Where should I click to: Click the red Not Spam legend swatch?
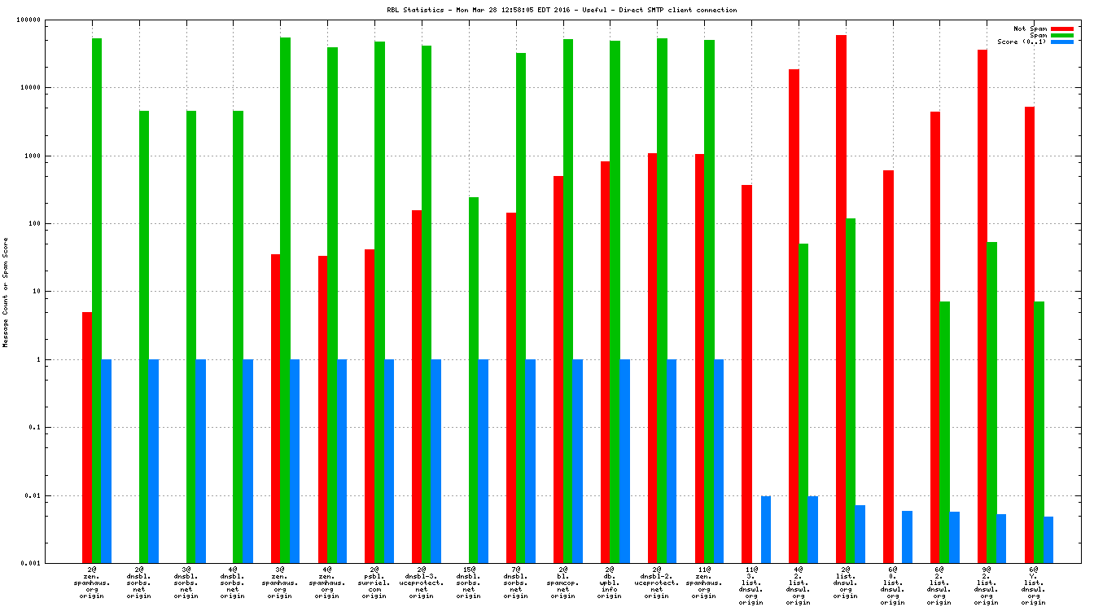click(1062, 29)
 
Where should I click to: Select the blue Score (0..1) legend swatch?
click(1062, 42)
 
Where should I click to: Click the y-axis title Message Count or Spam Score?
click(6, 292)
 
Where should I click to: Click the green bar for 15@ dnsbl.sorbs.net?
click(474, 380)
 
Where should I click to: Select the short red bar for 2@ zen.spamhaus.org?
click(87, 437)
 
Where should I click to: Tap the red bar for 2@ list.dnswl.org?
click(841, 298)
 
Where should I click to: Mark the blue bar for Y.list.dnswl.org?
click(1048, 539)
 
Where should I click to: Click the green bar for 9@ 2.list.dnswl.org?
click(991, 402)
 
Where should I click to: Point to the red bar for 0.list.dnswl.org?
click(888, 366)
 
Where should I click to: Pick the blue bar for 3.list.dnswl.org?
click(766, 529)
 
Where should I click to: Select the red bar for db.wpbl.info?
click(606, 362)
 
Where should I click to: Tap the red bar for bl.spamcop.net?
click(558, 369)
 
